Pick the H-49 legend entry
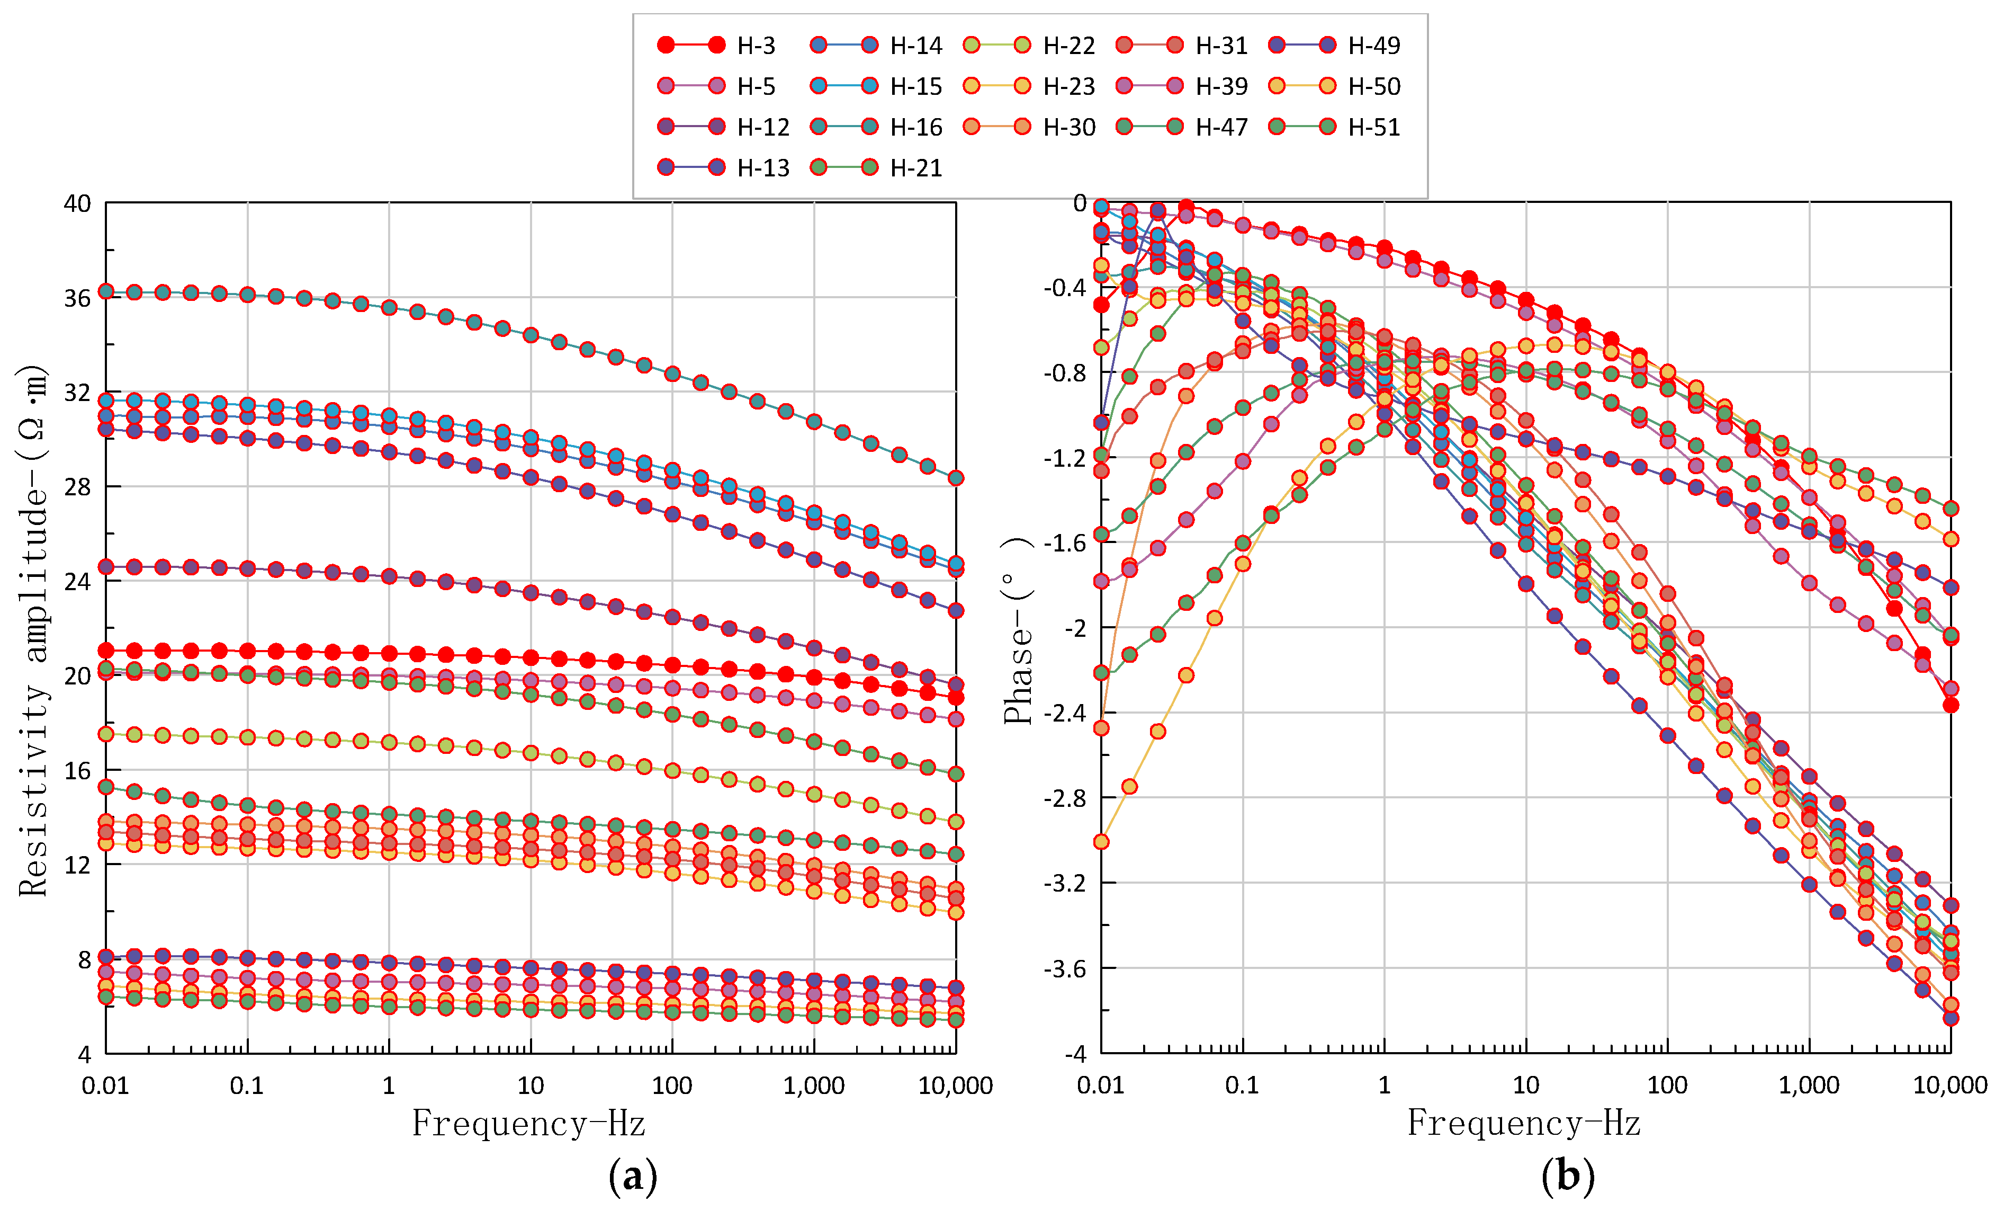point(1373,46)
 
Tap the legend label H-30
point(1069,127)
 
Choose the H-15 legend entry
point(916,86)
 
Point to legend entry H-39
point(1221,86)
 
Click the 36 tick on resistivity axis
point(78,298)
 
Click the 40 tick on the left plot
point(78,203)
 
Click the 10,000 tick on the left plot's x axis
point(955,1086)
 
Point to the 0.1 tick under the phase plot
point(1242,1086)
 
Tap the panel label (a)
point(632,1176)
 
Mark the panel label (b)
point(1568,1176)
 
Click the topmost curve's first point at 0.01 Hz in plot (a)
point(106,291)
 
